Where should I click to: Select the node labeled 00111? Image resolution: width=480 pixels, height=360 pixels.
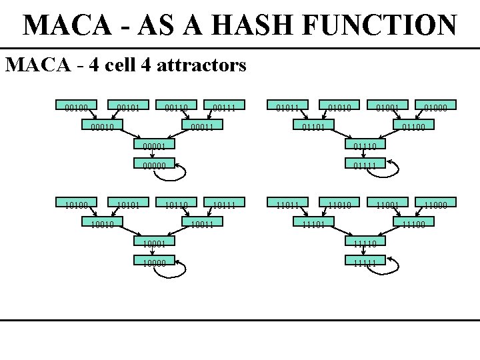pyautogui.click(x=223, y=105)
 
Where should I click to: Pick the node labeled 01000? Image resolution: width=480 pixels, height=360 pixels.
pyautogui.click(x=434, y=105)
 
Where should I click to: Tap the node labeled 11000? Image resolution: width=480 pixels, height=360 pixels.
pyautogui.click(x=434, y=204)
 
